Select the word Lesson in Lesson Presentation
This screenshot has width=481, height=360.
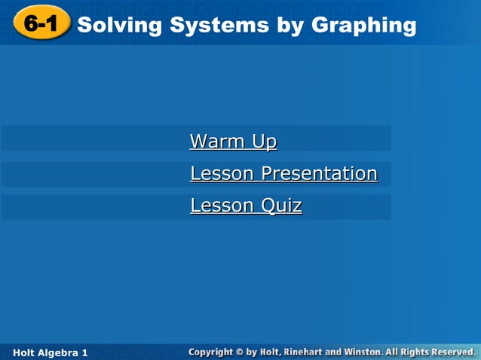point(222,173)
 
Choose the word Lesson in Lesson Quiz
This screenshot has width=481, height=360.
point(222,205)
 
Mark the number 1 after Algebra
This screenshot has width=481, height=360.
point(85,352)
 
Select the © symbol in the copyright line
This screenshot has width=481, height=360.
point(240,352)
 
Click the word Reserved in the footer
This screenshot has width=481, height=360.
point(456,352)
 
